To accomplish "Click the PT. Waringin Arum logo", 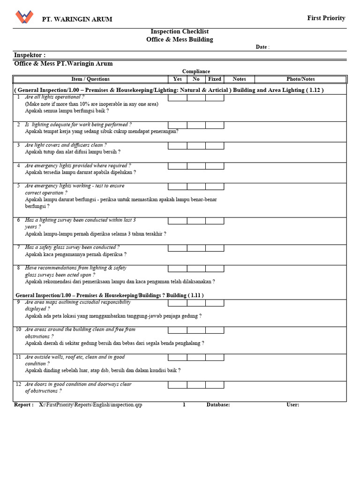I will (x=24, y=17).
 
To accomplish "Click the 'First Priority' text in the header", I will (x=326, y=18).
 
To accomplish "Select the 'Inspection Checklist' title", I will (x=180, y=31).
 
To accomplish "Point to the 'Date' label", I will (x=261, y=47).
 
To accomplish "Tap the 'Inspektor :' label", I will (x=30, y=55).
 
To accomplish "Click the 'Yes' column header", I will (x=178, y=79).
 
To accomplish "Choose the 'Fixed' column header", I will (x=215, y=79).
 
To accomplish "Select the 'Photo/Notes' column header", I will (x=300, y=79).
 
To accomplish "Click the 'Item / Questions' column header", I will (x=90, y=79).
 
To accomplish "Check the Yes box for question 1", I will (x=178, y=98).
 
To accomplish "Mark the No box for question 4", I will (x=196, y=166).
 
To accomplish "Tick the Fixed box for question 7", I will (x=215, y=248).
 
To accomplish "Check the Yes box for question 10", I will (x=178, y=330).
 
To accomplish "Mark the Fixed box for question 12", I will (x=215, y=385).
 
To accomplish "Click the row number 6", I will (x=19, y=220).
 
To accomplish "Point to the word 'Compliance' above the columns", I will (x=196, y=71).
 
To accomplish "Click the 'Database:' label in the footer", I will (x=218, y=405).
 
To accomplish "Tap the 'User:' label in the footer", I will (x=292, y=405).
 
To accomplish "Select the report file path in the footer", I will (x=90, y=405).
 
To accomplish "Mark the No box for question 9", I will (x=196, y=303).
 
